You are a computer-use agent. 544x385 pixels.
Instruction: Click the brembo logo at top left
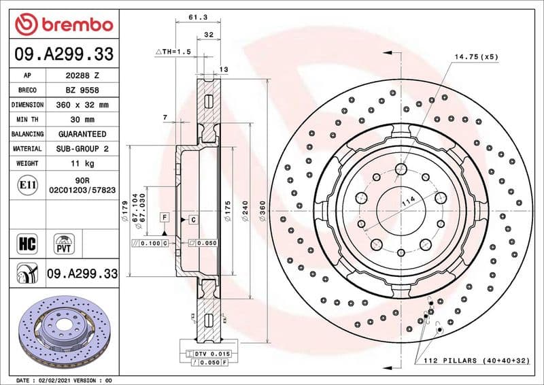[x=63, y=24]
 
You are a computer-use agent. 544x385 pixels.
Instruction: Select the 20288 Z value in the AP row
[x=82, y=76]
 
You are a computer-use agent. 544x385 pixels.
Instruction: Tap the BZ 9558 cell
[x=82, y=90]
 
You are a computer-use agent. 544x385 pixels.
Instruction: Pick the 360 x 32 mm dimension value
[x=82, y=105]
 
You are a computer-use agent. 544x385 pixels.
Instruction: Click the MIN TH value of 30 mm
[x=82, y=120]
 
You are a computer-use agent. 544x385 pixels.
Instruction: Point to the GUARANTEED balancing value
[x=82, y=134]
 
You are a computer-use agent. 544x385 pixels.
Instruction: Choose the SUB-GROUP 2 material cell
[x=82, y=148]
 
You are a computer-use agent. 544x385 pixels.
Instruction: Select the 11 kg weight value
[x=82, y=163]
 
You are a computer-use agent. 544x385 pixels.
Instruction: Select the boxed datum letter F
[x=164, y=217]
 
